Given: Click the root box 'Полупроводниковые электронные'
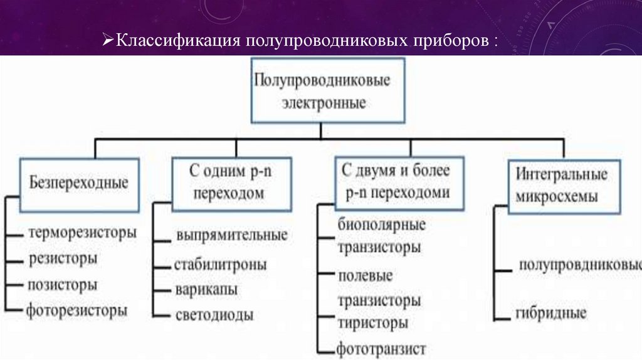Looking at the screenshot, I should coord(320,91).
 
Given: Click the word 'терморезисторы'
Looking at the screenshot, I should coord(82,232).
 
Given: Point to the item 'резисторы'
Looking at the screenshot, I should coord(63,258).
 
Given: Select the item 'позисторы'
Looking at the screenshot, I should coord(63,284).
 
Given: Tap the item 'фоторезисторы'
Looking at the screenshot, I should coord(77,310).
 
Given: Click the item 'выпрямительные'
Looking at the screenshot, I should coord(231,236).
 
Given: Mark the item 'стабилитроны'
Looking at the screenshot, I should coord(221,264).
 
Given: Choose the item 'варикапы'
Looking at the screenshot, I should coord(206,290).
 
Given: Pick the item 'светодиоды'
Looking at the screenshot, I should coord(214,315).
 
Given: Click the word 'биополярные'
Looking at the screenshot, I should coord(381,225).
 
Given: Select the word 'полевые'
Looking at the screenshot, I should coord(366,276).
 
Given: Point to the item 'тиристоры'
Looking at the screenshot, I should coord(373,324).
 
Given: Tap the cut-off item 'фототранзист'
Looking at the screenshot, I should coord(381,348).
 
